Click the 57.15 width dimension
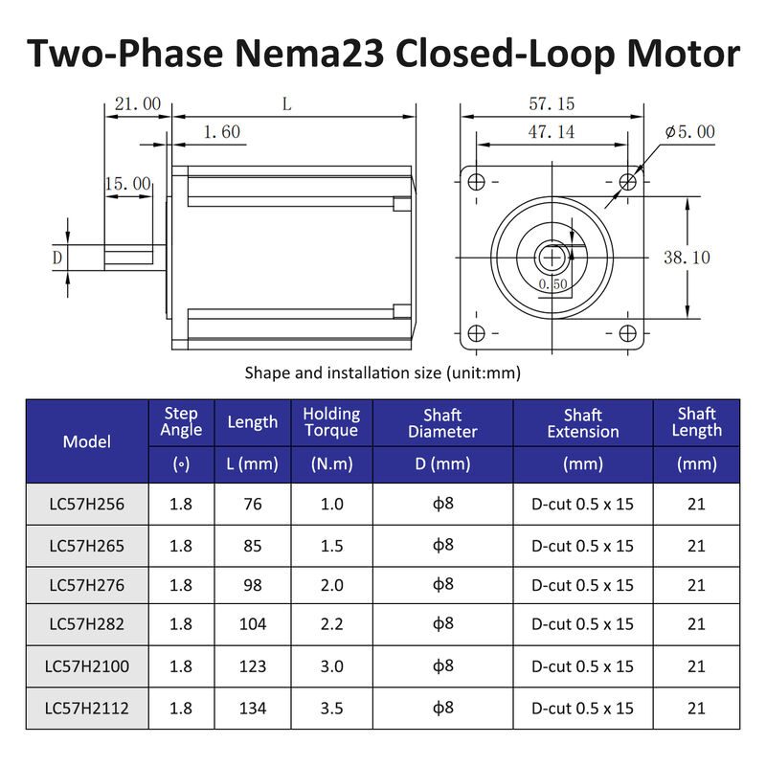(552, 103)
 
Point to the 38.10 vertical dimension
(687, 257)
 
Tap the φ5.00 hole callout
(690, 132)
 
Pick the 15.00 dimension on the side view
(127, 183)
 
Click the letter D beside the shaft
(57, 257)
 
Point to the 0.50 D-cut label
(553, 284)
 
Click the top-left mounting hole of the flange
(476, 180)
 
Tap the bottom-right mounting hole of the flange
(628, 333)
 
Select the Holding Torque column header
(331, 422)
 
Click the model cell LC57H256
(87, 504)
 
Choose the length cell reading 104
(253, 624)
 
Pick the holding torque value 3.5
(331, 709)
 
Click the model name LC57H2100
(87, 666)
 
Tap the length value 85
(253, 546)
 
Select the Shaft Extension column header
(583, 423)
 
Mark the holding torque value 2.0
(331, 585)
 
